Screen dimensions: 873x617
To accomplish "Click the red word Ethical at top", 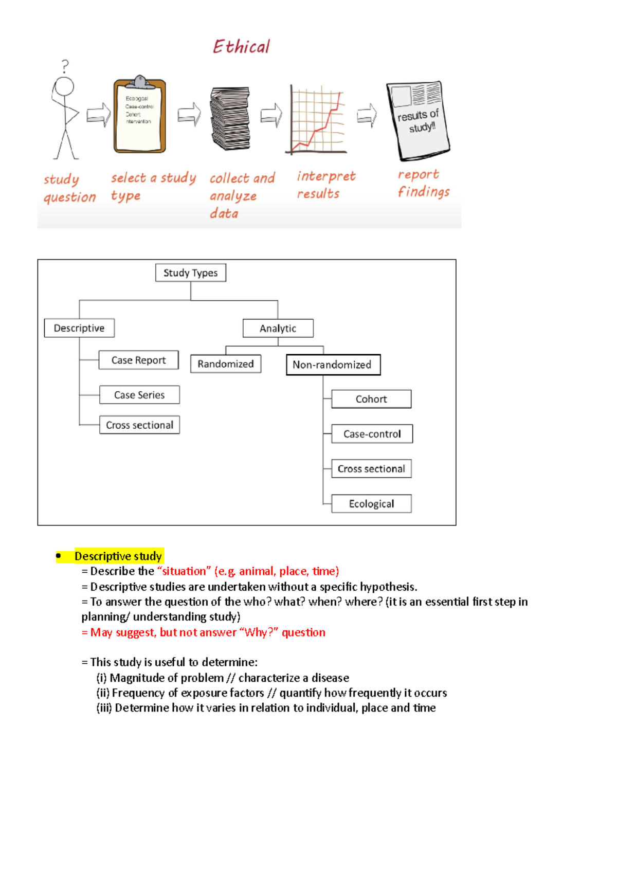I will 241,47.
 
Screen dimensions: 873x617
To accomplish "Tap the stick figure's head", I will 65,86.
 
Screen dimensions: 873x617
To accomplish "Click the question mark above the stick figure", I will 65,66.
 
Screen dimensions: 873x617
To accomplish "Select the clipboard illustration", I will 139,116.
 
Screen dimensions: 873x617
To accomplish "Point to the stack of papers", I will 230,118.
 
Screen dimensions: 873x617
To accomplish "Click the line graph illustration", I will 317,120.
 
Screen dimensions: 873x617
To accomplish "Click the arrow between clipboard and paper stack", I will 189,114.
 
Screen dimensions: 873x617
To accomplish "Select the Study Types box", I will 190,273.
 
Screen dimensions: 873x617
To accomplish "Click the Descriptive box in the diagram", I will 79,328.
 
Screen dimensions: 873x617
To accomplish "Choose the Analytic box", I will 278,328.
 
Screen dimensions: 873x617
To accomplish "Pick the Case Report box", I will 138,360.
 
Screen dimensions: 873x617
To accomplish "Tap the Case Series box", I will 139,395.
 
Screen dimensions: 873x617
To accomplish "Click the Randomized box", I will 225,364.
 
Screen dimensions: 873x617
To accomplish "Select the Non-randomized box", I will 333,365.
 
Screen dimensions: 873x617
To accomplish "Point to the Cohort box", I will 371,399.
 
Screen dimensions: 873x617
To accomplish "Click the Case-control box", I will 372,434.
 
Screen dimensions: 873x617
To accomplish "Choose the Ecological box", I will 371,504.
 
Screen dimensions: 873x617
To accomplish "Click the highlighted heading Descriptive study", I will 118,556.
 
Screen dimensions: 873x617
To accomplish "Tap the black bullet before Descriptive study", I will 59,556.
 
